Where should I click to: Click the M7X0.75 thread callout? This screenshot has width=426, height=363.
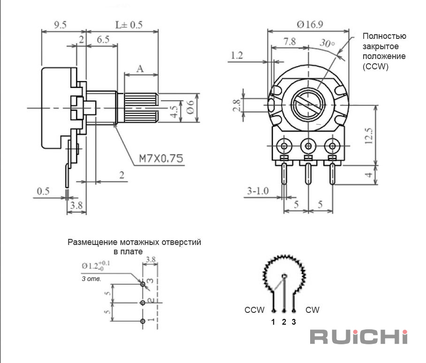(x=161, y=158)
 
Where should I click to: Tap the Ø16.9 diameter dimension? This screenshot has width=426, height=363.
(x=310, y=25)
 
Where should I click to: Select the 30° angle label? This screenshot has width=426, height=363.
(x=327, y=43)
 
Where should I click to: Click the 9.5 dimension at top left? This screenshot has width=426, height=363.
(x=60, y=25)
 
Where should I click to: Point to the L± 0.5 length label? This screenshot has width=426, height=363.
(x=129, y=25)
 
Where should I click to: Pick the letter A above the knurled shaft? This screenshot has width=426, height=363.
(x=140, y=69)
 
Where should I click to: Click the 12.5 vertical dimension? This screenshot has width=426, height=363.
(x=368, y=135)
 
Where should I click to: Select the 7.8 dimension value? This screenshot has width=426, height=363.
(x=289, y=42)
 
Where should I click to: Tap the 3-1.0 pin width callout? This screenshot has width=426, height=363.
(x=258, y=191)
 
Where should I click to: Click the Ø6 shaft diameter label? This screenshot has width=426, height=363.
(x=191, y=107)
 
